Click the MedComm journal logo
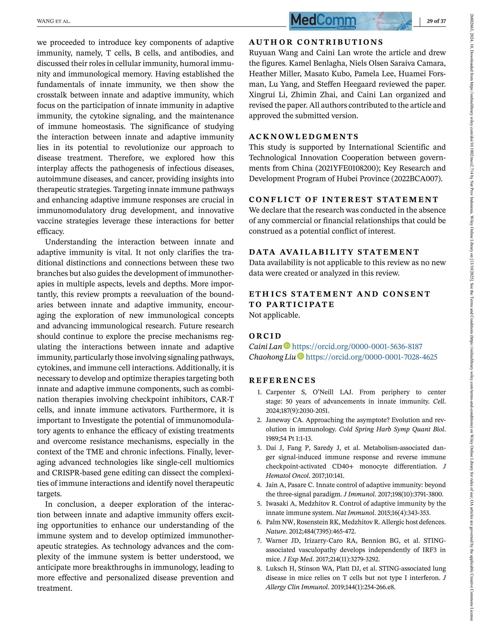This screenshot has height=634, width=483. [350, 21]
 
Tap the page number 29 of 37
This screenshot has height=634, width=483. [436, 21]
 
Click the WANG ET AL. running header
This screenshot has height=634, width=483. [54, 21]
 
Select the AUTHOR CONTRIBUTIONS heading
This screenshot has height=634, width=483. [316, 42]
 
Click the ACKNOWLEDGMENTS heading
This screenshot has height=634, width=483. [304, 136]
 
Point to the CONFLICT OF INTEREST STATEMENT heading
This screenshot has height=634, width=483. [343, 199]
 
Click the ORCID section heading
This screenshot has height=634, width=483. [265, 336]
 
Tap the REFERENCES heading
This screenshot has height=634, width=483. [282, 380]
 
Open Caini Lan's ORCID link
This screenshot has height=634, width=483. [357, 347]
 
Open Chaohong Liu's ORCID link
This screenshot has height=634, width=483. [371, 357]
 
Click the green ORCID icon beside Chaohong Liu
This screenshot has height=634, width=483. [300, 357]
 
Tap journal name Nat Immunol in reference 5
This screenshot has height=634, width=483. [355, 513]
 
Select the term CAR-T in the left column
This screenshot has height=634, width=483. [222, 399]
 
